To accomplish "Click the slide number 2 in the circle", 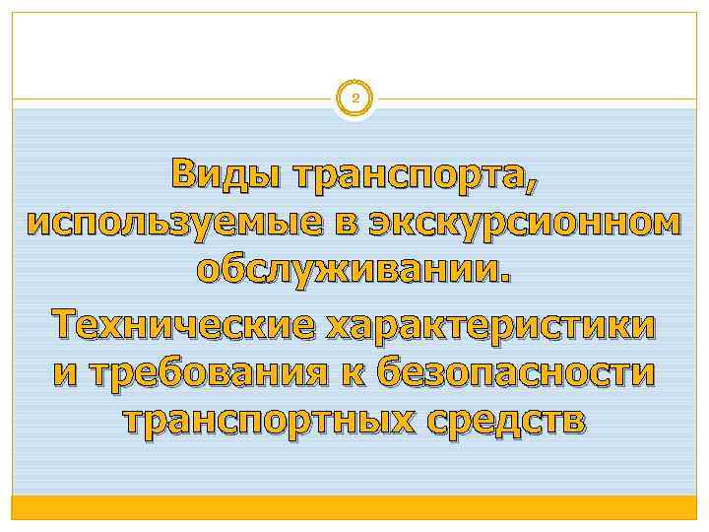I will pos(354,99).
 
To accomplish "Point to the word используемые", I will pos(164,224).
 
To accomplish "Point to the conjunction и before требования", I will pos(63,373).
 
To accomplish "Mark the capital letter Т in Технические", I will pos(67,322).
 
